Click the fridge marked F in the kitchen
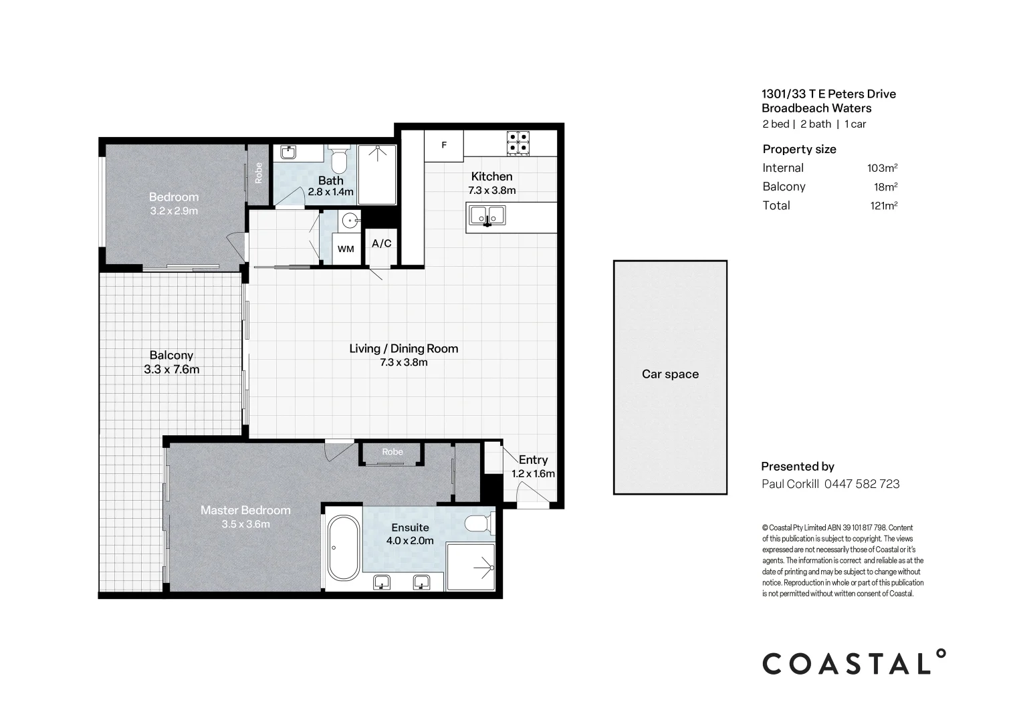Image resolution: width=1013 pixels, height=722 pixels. coord(443,146)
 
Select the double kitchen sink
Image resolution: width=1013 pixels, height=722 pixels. coord(487,216)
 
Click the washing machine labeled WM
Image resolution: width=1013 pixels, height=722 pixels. coord(346,249)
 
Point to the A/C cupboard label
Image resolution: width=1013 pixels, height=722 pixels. coord(381,244)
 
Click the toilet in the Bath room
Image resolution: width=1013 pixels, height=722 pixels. coord(338,159)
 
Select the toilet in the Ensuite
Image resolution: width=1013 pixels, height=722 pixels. coord(479,524)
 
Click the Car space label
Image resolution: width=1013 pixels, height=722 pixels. coord(670,374)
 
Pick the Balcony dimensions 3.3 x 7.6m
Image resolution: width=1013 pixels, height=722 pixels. coord(171,370)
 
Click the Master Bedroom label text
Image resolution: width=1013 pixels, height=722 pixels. coord(245,510)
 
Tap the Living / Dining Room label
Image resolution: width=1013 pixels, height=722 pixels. coord(403,348)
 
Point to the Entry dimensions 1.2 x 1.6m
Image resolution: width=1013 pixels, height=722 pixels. coord(533,474)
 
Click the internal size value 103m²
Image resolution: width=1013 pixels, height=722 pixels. coord(882,168)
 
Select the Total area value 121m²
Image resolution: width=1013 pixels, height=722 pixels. coord(884,206)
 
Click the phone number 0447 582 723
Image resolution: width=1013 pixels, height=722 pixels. coord(862,484)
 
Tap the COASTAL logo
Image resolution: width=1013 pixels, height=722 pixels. coord(854,663)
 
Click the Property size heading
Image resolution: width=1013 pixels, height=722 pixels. coord(799,149)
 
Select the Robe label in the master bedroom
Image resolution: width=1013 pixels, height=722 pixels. coord(392,452)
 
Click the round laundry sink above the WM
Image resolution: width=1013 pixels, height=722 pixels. coord(350,221)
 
